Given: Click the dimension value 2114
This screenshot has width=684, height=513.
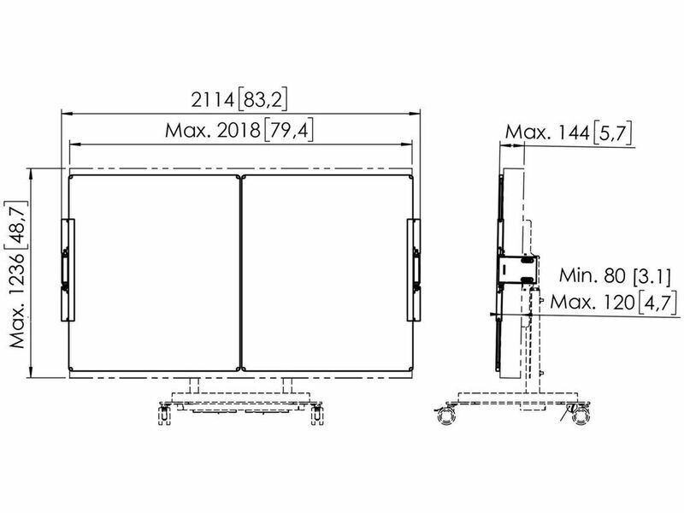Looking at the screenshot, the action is coord(213,100).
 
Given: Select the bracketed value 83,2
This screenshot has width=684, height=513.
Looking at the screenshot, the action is coord(262,100).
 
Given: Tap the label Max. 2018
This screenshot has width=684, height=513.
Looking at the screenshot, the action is coord(212,130).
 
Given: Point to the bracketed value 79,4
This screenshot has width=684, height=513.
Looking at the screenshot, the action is coord(289,130).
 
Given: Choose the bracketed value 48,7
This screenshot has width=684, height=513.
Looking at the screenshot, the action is coord(18,221).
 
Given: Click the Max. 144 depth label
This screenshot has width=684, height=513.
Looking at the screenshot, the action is coord(547,133).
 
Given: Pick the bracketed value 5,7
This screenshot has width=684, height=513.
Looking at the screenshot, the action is coord(612,133).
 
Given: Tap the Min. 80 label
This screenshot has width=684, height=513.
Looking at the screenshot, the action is coord(593,275).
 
